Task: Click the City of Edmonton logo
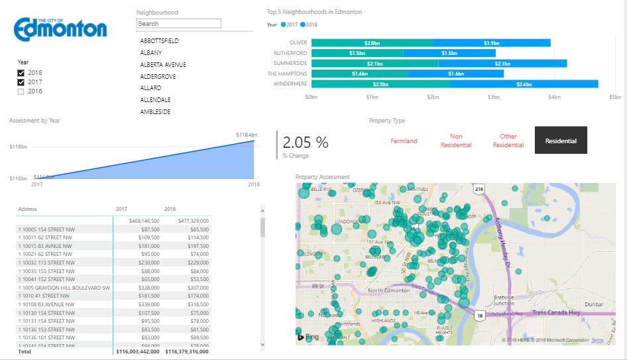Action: click(60, 28)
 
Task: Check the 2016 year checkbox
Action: click(21, 91)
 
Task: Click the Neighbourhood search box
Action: click(178, 23)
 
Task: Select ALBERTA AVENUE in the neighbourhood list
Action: click(163, 65)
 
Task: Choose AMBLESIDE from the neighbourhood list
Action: click(155, 112)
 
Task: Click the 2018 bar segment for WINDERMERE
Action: click(524, 84)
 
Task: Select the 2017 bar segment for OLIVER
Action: click(372, 43)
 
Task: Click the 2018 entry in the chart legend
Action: click(308, 25)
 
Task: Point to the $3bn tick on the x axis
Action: click(493, 97)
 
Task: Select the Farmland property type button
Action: click(404, 141)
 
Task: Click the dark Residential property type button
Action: click(561, 141)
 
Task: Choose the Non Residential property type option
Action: click(456, 141)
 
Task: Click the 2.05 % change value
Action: click(306, 143)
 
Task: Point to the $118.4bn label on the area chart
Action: click(247, 135)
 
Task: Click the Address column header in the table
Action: click(27, 209)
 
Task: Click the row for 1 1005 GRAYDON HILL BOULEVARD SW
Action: click(64, 288)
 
